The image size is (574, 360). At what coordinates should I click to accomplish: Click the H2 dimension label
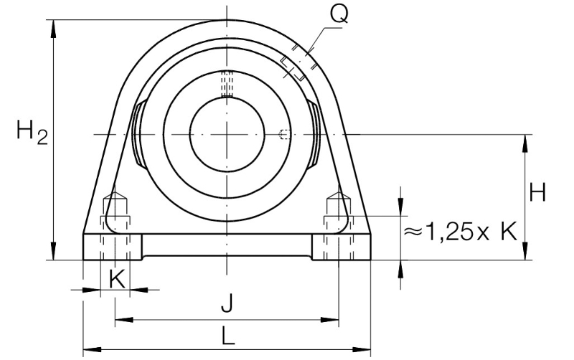tap(32, 132)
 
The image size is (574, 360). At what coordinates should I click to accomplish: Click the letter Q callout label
tap(339, 14)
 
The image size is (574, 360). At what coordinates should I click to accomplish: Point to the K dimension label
tap(117, 279)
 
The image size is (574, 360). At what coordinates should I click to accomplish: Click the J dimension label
tap(227, 303)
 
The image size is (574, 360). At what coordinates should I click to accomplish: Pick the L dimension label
tap(227, 336)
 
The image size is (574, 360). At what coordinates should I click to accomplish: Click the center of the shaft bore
tap(227, 134)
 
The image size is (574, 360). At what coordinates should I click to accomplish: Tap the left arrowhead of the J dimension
tap(123, 320)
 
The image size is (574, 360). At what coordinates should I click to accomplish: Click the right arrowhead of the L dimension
tap(362, 350)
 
